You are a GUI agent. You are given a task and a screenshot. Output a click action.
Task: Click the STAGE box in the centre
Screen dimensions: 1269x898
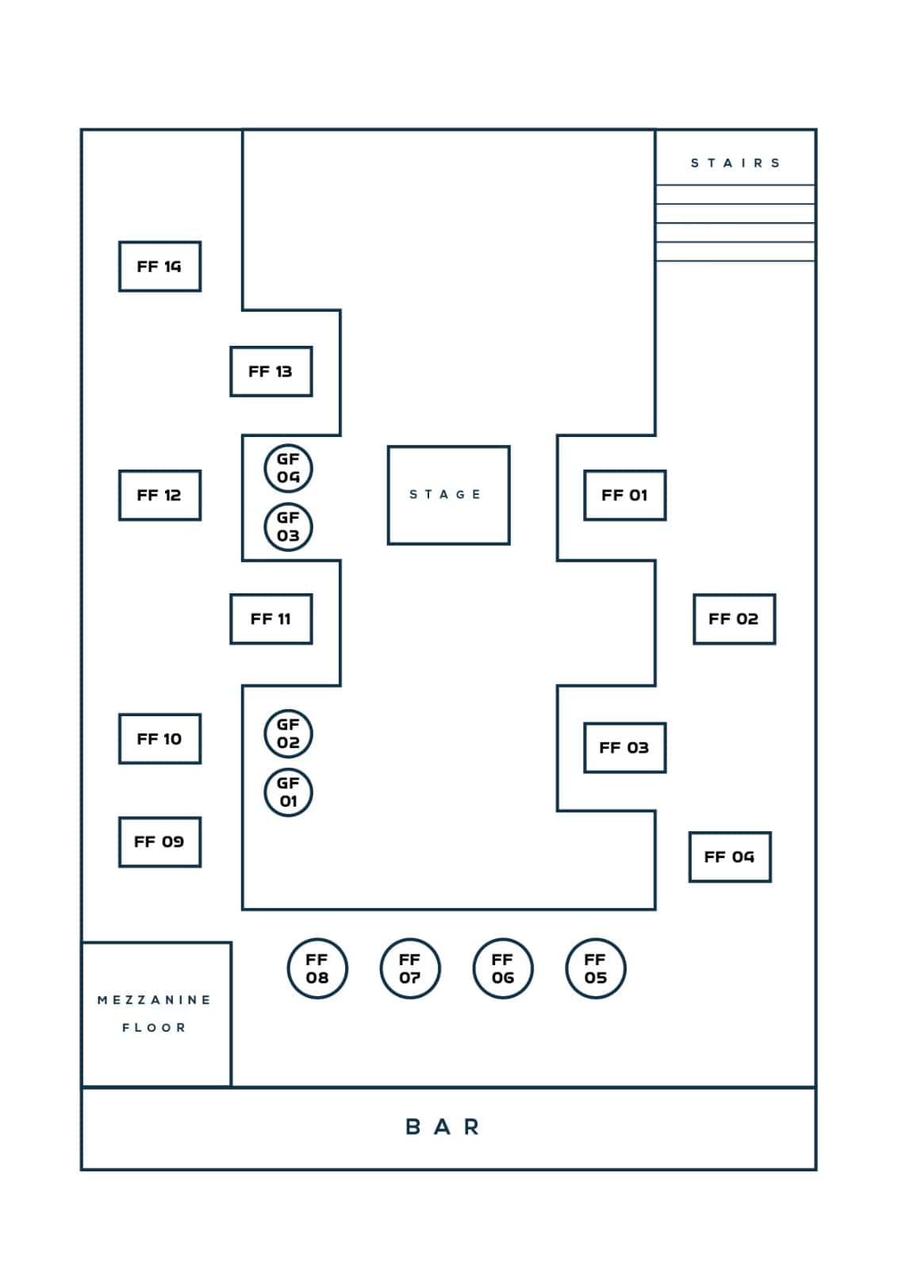click(x=448, y=495)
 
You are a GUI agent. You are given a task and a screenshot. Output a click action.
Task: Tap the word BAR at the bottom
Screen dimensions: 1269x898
click(x=443, y=1127)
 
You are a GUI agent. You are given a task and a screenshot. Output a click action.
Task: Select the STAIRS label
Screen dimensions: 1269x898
click(x=735, y=163)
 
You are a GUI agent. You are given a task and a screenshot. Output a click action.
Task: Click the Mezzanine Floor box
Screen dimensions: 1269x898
click(x=155, y=1013)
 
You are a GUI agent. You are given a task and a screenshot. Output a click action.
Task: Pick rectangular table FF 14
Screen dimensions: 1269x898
click(x=159, y=266)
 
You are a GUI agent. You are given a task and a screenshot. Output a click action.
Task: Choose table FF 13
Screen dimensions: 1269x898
click(x=271, y=371)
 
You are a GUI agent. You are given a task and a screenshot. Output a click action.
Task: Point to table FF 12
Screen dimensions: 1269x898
click(x=159, y=495)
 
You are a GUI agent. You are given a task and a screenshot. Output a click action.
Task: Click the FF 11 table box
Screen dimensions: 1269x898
click(x=271, y=619)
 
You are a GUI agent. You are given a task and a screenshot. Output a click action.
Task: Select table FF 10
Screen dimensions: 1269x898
click(x=159, y=738)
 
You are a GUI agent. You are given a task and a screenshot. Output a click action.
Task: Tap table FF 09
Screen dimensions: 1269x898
click(x=159, y=842)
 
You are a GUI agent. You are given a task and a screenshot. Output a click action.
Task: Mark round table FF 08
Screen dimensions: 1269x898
click(x=317, y=968)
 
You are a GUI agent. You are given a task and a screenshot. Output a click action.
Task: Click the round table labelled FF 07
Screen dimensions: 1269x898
click(x=410, y=968)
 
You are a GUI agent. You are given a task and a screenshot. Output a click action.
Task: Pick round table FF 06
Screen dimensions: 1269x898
click(x=503, y=968)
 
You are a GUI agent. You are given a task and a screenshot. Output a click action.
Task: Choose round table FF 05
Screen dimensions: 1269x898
click(x=596, y=968)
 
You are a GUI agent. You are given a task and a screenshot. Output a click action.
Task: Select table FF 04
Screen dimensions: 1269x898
click(x=730, y=857)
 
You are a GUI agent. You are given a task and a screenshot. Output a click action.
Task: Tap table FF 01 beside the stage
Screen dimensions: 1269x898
click(x=624, y=495)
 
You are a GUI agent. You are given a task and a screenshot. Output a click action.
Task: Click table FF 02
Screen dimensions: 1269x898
click(x=734, y=619)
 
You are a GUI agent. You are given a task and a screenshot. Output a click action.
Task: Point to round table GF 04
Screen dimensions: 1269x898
click(x=288, y=468)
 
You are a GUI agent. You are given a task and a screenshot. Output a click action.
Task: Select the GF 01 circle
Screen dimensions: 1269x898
click(x=288, y=792)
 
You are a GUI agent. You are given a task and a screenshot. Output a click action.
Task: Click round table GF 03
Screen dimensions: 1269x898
click(x=288, y=527)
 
